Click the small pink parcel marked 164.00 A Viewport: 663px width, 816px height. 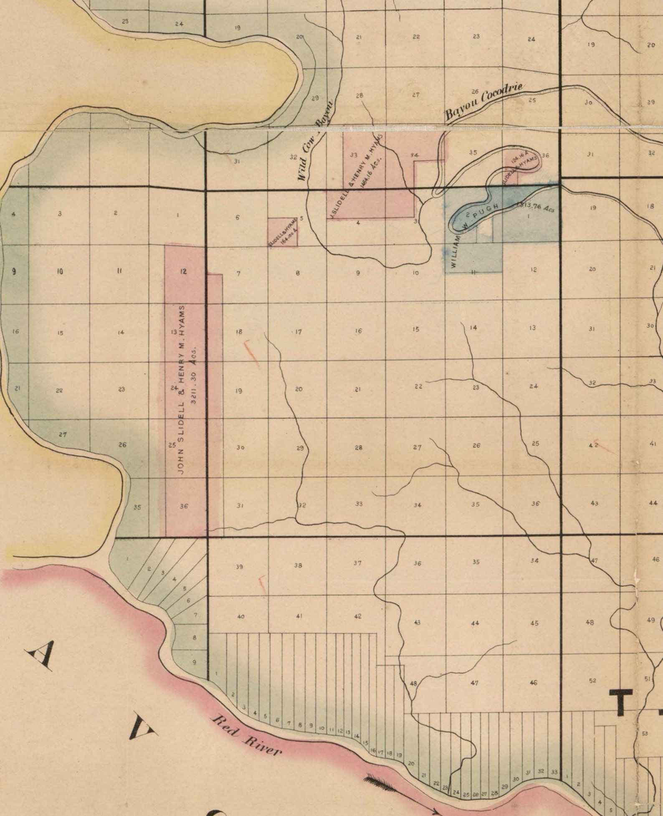(x=283, y=232)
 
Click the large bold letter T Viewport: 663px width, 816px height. (x=623, y=701)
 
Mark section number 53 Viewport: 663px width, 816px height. (x=645, y=734)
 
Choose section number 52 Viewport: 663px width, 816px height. (x=592, y=680)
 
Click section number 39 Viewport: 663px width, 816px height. (x=239, y=567)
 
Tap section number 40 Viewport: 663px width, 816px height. (x=241, y=616)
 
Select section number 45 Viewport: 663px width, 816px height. (x=534, y=623)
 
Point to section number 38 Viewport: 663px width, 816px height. (x=298, y=565)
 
